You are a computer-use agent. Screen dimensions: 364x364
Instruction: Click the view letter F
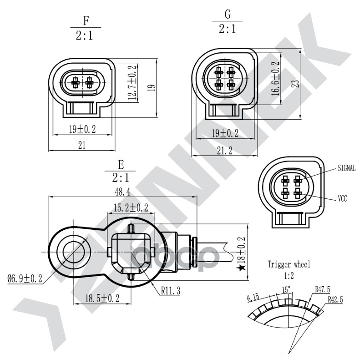[86, 20]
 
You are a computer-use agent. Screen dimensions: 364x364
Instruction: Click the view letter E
[120, 164]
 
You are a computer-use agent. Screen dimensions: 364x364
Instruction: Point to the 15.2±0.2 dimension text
[131, 208]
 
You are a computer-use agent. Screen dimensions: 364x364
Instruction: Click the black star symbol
[242, 268]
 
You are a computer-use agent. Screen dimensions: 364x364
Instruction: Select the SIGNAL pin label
[346, 168]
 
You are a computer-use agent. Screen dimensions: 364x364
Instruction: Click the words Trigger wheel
[288, 264]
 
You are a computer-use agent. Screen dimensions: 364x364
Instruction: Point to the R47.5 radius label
[323, 288]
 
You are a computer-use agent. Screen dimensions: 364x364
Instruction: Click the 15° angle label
[286, 289]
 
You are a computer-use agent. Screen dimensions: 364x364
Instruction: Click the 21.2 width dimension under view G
[224, 151]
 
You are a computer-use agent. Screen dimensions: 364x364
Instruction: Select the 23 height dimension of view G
[296, 83]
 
